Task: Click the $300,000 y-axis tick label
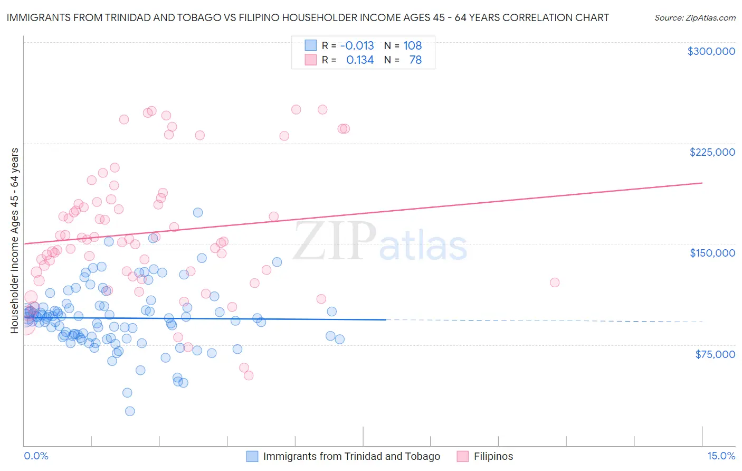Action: point(711,51)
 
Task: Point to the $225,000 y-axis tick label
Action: point(712,152)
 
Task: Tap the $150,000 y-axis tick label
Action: point(712,253)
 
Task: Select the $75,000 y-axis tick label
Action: point(715,354)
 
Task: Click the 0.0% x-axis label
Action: point(36,456)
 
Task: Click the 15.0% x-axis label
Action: point(721,456)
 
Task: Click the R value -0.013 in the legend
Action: point(357,45)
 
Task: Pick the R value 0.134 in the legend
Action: point(359,60)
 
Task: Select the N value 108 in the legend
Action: point(412,45)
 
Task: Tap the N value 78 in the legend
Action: point(415,60)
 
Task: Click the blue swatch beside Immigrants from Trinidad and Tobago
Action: point(252,456)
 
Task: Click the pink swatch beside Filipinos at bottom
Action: point(463,456)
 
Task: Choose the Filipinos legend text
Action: point(493,456)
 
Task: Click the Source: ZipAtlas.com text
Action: point(695,18)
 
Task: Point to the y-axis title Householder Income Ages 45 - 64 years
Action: point(14,241)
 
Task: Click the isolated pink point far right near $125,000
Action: point(554,282)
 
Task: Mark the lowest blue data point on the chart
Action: point(130,411)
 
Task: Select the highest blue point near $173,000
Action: point(198,212)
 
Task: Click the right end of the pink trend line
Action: point(702,183)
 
